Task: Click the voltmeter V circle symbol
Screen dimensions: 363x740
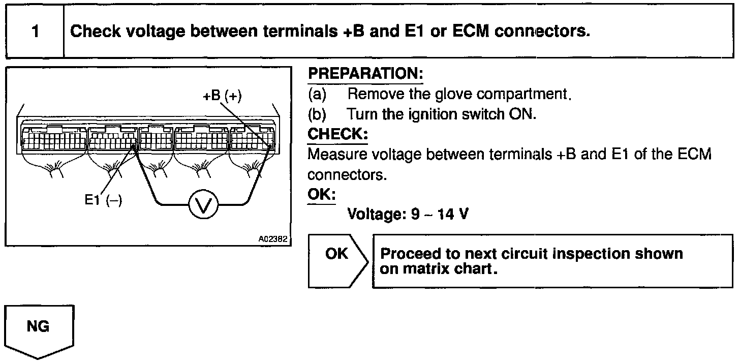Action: (x=203, y=205)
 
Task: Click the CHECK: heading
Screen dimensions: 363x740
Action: (x=337, y=135)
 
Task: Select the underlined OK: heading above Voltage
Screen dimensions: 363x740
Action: (x=322, y=195)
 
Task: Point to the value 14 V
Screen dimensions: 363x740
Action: (x=454, y=215)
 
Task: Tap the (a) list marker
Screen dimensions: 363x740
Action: (x=317, y=94)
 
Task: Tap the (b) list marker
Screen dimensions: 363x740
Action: (x=317, y=114)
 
